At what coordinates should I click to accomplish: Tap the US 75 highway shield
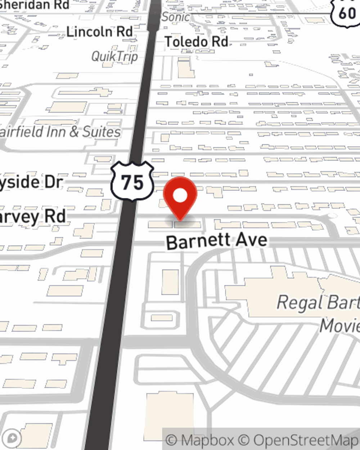point(132,181)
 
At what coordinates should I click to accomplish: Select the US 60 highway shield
point(346,13)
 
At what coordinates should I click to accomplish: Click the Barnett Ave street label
point(217,241)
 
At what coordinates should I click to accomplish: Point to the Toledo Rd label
point(196,42)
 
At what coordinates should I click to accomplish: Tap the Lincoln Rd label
point(99,32)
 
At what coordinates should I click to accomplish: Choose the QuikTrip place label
point(114,57)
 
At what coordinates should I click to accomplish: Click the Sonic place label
point(175,17)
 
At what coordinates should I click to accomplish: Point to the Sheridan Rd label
point(34,5)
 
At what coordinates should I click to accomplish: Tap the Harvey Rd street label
point(33,217)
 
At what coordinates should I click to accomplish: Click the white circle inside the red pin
point(180,196)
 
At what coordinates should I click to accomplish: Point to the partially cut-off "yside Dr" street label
point(32,182)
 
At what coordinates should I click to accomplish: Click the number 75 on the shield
point(132,182)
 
